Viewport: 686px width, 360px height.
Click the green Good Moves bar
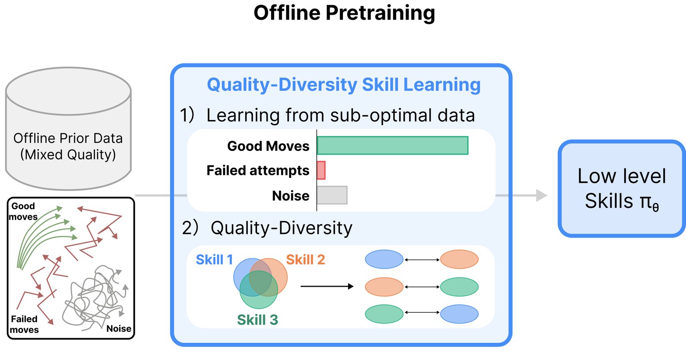tap(393, 145)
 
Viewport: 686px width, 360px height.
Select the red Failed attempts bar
tap(321, 170)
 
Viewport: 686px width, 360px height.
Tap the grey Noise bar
tap(332, 195)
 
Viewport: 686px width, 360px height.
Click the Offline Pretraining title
tap(344, 13)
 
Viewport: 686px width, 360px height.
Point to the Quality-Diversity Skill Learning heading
tap(343, 85)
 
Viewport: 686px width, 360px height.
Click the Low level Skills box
tap(622, 188)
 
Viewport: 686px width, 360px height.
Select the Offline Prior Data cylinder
tap(68, 129)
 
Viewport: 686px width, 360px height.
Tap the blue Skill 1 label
tap(214, 260)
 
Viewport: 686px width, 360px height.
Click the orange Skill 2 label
tap(305, 260)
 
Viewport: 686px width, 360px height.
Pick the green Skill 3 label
tap(258, 320)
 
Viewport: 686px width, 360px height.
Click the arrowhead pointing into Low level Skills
tap(542, 195)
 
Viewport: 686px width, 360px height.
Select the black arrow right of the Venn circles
tap(327, 286)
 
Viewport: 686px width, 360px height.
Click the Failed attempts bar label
tap(258, 171)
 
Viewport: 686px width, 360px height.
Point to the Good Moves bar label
tap(268, 146)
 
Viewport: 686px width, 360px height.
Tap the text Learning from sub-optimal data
tap(340, 115)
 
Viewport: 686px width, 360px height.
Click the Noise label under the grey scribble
tap(119, 328)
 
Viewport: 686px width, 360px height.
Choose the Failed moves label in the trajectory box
tap(24, 324)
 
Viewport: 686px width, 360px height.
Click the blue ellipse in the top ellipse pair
tap(384, 259)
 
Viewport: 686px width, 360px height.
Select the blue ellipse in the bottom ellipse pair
tap(459, 314)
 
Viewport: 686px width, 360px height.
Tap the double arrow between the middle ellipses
tap(422, 287)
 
